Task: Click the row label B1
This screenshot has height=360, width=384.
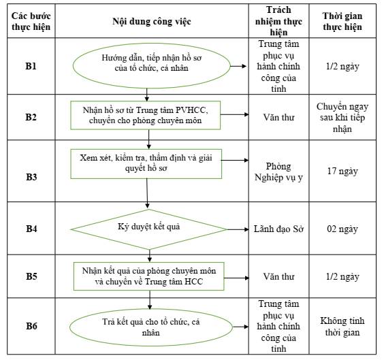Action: (x=31, y=66)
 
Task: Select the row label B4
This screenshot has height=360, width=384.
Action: (x=31, y=229)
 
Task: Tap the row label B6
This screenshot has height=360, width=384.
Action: (x=31, y=326)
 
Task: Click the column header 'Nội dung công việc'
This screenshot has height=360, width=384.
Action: (x=152, y=21)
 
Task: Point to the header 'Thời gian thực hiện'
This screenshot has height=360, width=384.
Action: (x=342, y=21)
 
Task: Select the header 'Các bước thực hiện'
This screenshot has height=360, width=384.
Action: (x=31, y=21)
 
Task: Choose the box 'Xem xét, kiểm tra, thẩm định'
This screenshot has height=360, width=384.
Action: (x=146, y=164)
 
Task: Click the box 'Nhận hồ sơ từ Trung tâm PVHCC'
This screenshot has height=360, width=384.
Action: (x=146, y=115)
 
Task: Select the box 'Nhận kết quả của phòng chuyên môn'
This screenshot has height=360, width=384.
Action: (x=149, y=276)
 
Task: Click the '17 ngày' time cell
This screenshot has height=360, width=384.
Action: (x=342, y=171)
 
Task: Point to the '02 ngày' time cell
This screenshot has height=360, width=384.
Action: (x=342, y=229)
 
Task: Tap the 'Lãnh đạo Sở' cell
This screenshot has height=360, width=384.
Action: (x=278, y=229)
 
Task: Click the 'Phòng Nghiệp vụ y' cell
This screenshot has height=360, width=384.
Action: (x=278, y=171)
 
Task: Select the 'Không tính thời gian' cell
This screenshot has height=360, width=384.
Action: (x=342, y=327)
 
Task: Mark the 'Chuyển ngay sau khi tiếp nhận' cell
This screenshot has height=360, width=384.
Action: (x=342, y=118)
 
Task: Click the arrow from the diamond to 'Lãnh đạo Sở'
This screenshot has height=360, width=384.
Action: (x=238, y=229)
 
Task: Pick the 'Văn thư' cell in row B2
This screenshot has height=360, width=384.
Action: (x=278, y=117)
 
